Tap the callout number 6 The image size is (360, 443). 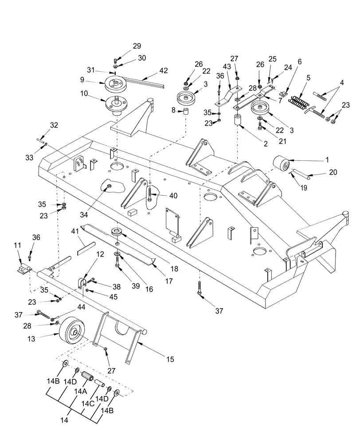click(x=300, y=62)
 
